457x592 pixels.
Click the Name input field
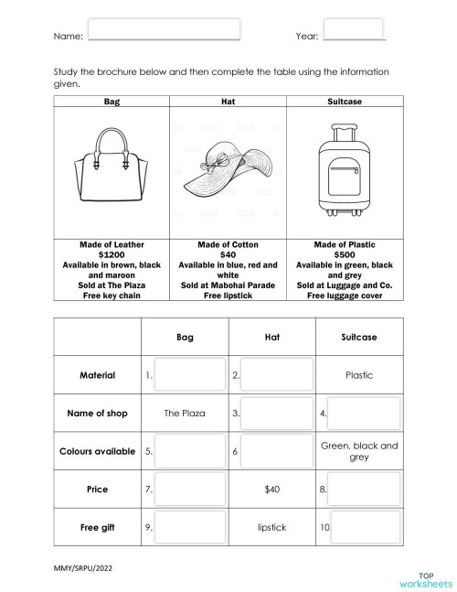pos(165,29)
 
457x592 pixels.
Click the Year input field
pos(354,29)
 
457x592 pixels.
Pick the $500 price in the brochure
pos(345,255)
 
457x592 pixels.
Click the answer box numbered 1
pos(189,374)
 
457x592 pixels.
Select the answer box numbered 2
pos(276,374)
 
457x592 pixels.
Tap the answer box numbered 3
pos(276,413)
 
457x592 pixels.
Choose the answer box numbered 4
pos(364,413)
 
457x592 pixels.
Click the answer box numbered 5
pos(189,451)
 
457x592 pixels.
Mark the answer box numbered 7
pos(189,490)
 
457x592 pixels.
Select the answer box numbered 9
pos(189,527)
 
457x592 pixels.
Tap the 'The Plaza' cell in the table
pos(185,413)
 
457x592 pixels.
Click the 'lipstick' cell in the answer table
pos(271,527)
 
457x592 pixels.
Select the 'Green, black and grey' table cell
pos(359,451)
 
